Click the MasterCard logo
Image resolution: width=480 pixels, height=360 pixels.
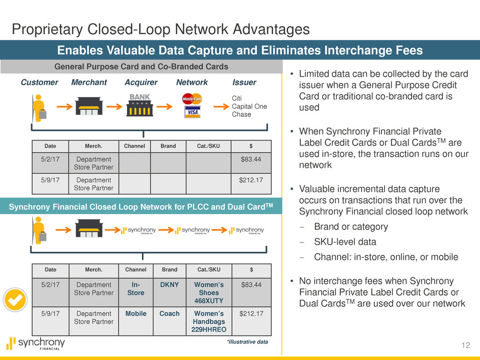click(x=193, y=98)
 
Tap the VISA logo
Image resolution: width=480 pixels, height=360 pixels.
click(x=193, y=112)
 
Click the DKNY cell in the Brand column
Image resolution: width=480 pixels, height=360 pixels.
click(x=169, y=285)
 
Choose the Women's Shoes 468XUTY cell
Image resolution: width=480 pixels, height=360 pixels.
click(x=208, y=293)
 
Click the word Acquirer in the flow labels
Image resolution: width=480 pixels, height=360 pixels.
click(x=141, y=82)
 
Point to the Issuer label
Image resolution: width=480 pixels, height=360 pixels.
click(x=244, y=82)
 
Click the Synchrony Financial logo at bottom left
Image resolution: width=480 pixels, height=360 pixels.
click(x=36, y=344)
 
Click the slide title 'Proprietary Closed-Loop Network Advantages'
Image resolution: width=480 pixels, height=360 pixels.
click(x=161, y=30)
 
